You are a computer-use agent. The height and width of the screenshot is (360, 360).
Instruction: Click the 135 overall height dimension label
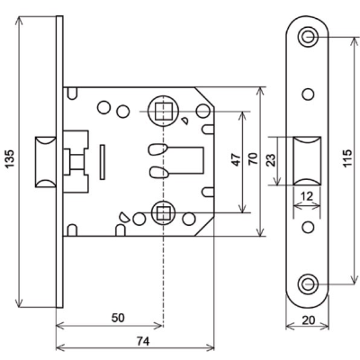[x=11, y=159]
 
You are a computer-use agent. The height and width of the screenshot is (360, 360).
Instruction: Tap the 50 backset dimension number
[x=118, y=318]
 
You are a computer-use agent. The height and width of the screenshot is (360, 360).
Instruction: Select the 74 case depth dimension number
[x=143, y=341]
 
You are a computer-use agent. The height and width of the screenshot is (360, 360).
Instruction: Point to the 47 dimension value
[x=237, y=159]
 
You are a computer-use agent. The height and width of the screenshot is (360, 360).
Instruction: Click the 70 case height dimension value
[x=253, y=158]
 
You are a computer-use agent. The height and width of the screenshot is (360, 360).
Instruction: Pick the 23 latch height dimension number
[x=271, y=160]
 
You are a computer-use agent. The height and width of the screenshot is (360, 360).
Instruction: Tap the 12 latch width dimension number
[x=306, y=196]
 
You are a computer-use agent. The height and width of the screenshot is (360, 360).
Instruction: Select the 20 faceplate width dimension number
[x=308, y=320]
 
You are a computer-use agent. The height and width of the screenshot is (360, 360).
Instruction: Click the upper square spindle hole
[x=163, y=111]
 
